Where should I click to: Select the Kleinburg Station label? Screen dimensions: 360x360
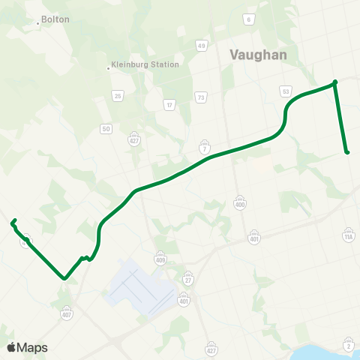click(145, 64)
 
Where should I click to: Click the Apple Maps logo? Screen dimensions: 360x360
click(27, 347)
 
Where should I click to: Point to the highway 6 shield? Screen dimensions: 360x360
click(247, 19)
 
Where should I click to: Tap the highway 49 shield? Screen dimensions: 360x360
click(202, 46)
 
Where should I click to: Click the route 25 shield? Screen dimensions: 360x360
click(117, 96)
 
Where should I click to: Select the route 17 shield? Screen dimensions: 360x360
click(169, 104)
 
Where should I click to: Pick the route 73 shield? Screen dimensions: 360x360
click(200, 97)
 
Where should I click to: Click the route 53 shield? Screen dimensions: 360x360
click(285, 91)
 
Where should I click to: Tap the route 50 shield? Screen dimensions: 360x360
click(106, 129)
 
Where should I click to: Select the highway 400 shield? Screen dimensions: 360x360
click(240, 204)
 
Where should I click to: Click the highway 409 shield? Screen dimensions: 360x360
click(160, 259)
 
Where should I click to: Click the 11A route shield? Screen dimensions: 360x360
click(347, 236)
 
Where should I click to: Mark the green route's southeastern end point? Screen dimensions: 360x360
click(347, 153)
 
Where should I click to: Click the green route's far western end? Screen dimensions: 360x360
click(12, 222)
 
